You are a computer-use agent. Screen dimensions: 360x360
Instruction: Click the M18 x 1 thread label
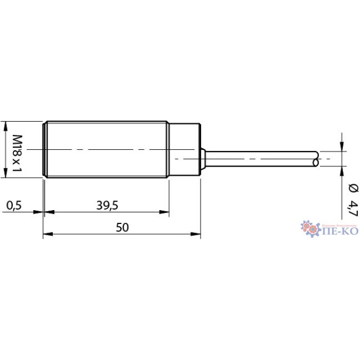tap(16, 150)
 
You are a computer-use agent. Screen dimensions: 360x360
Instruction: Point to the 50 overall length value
tap(122, 228)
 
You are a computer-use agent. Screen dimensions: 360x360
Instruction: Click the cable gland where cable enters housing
tap(203, 158)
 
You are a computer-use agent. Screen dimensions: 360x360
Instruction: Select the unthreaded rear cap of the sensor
tap(185, 149)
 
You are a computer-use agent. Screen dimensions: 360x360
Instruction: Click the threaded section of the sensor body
tap(107, 149)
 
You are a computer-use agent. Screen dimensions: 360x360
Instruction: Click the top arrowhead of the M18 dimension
tap(5, 125)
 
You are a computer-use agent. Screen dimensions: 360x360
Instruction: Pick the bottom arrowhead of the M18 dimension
tap(5, 173)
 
